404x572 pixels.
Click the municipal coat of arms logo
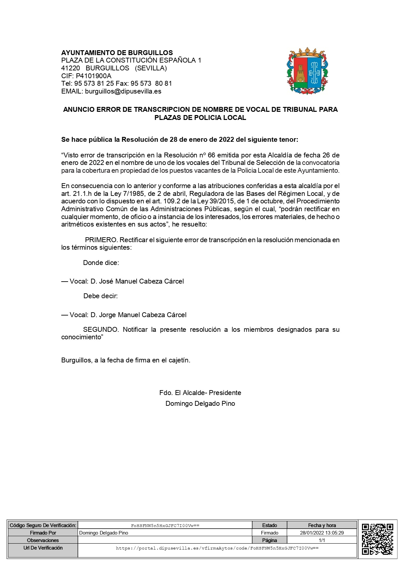(307, 71)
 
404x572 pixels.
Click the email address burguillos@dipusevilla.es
(123, 91)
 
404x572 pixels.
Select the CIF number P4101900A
(94, 76)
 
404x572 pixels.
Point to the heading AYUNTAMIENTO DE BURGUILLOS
(117, 53)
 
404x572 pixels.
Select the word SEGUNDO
(101, 330)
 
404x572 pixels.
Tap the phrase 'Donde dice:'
(101, 263)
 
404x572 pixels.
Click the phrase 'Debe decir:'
(101, 296)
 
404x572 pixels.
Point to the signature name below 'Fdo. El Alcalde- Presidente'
(200, 403)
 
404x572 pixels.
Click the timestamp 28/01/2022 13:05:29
(322, 533)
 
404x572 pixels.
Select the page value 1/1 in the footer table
(322, 540)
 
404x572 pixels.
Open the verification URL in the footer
(217, 548)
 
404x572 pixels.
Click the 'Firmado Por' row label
(43, 533)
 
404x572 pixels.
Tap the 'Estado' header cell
(269, 525)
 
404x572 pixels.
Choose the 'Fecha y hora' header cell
(322, 525)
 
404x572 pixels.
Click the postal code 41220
(71, 68)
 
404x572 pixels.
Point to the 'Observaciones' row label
(43, 540)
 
